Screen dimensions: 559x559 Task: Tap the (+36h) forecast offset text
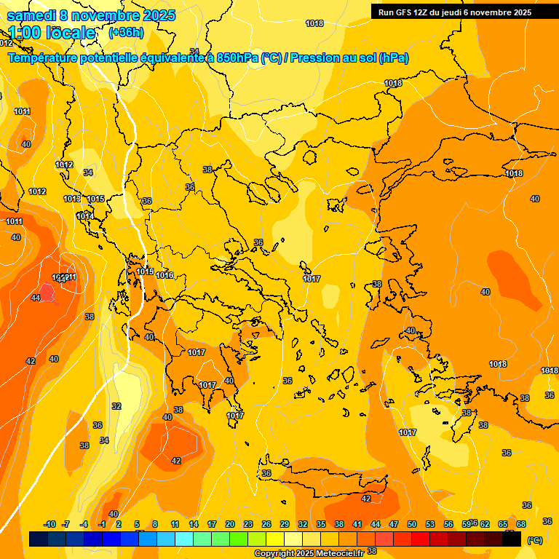[x=126, y=33]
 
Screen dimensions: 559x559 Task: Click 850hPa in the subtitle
[x=237, y=58]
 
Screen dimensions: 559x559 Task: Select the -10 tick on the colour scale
[x=50, y=524]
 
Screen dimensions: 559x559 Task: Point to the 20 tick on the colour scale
[x=230, y=524]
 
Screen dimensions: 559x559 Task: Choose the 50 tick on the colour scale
[x=412, y=524]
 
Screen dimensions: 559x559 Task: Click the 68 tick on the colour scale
[x=521, y=524]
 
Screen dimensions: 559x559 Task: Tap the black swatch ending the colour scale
[x=512, y=539]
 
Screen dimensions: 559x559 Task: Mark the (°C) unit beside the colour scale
[x=534, y=540]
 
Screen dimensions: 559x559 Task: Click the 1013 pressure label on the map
[x=71, y=199]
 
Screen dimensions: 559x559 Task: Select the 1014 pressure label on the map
[x=84, y=216]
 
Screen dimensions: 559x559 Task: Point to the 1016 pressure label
[x=164, y=275]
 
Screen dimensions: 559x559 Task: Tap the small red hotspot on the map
[x=47, y=293]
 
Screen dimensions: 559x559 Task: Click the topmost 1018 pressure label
[x=314, y=23]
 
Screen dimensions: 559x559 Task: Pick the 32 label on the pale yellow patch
[x=116, y=405]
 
